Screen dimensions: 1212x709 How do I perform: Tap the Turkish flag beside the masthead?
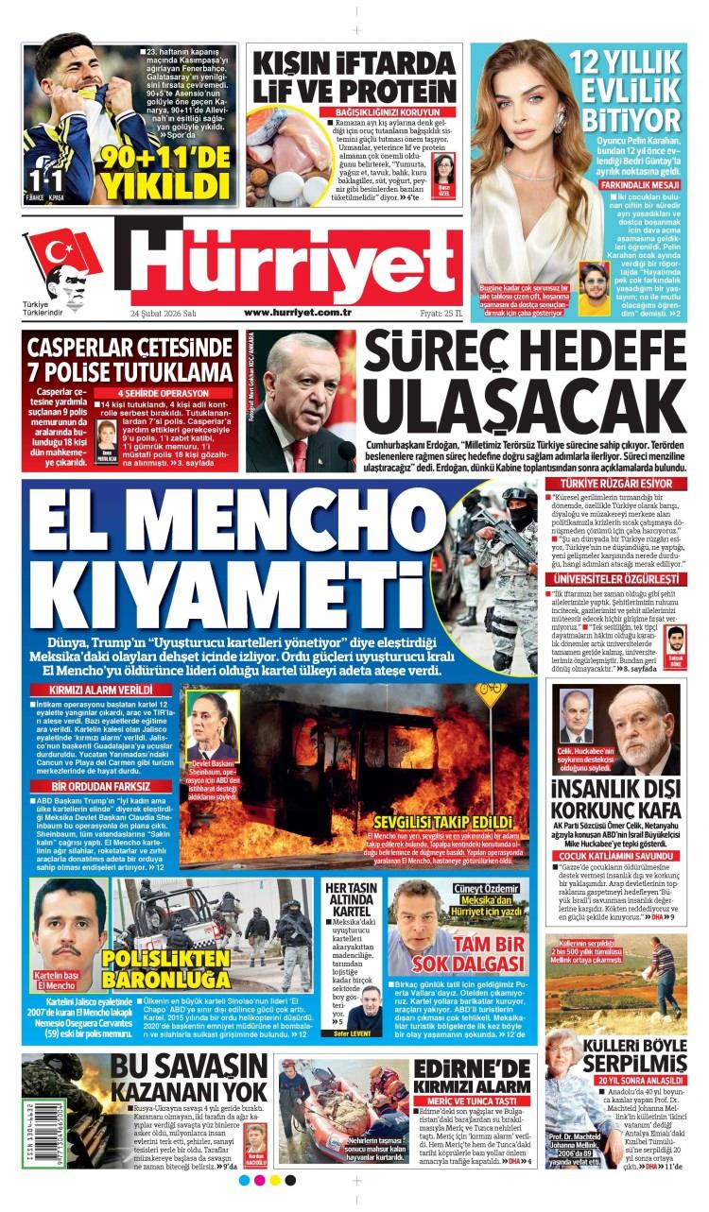pos(61,252)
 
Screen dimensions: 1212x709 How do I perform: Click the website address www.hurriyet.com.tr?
pos(298,312)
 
